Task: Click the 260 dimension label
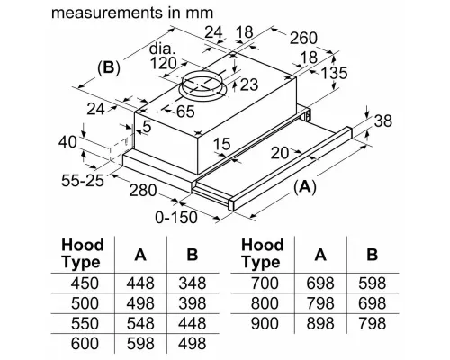[303, 38]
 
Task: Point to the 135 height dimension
[334, 73]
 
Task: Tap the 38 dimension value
[383, 121]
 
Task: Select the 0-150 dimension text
[176, 217]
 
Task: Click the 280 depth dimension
[143, 190]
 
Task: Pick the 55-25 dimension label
[83, 180]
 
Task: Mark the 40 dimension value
[67, 142]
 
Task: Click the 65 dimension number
[185, 112]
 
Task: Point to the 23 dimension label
[249, 85]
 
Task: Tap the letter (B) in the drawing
[109, 67]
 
